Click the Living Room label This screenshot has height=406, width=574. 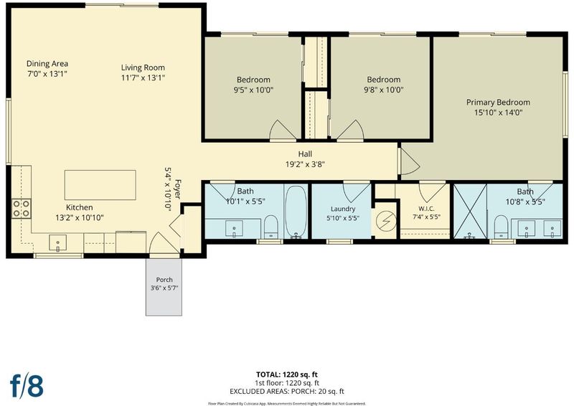(x=143, y=67)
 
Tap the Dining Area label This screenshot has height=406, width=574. (x=47, y=64)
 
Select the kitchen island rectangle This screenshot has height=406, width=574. (x=100, y=185)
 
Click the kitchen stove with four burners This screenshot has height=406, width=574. (x=22, y=209)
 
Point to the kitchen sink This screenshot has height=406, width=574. (x=58, y=243)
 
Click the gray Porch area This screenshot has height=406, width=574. (x=164, y=287)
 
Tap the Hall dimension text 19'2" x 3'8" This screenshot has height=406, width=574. (x=306, y=164)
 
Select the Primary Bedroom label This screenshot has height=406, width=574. (x=498, y=103)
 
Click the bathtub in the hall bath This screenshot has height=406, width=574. (x=296, y=212)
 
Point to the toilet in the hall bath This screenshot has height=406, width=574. (x=271, y=227)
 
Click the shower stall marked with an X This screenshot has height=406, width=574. (x=470, y=211)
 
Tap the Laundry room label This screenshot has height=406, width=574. (x=343, y=209)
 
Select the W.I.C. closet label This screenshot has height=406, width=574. (x=426, y=209)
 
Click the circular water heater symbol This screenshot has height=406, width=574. (x=386, y=220)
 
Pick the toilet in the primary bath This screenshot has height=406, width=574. (x=501, y=227)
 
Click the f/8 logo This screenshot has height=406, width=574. (x=27, y=385)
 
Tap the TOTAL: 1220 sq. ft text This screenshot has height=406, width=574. (x=286, y=374)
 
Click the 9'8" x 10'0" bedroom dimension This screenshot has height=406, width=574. (x=384, y=90)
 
